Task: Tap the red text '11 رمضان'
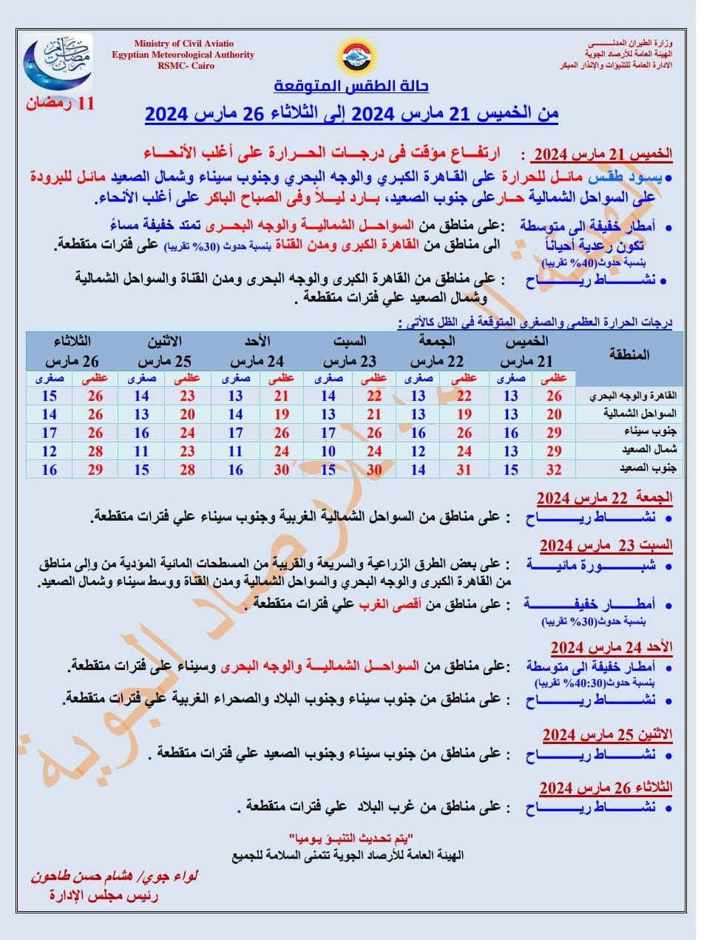tap(61, 103)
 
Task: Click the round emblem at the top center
tap(359, 55)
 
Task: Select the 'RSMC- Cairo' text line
tap(183, 65)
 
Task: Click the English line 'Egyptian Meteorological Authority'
tap(183, 55)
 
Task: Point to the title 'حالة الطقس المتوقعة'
tap(351, 87)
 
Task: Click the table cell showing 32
tap(554, 470)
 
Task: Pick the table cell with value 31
tap(464, 470)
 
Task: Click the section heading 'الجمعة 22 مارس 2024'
tap(604, 498)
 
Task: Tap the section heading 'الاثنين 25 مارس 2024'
tap(607, 734)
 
